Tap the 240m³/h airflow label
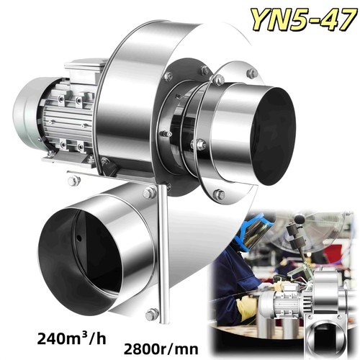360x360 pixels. (71, 338)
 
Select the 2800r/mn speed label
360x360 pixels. (161, 349)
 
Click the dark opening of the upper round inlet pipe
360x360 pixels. (273, 135)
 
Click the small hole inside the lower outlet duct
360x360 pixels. (79, 238)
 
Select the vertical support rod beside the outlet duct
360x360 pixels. (163, 252)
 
